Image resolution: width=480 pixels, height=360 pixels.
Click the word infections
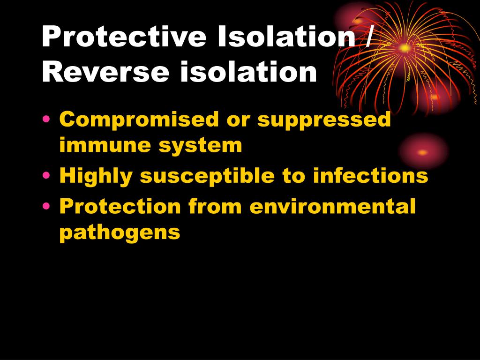pos(370,176)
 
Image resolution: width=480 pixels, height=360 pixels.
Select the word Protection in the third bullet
pos(120,206)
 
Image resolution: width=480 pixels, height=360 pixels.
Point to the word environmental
pos(333,206)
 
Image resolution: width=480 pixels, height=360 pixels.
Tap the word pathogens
pos(120,232)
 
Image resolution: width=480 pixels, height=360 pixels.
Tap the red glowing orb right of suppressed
pos(422,152)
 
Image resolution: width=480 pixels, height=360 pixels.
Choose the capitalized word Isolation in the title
pos(285,37)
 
